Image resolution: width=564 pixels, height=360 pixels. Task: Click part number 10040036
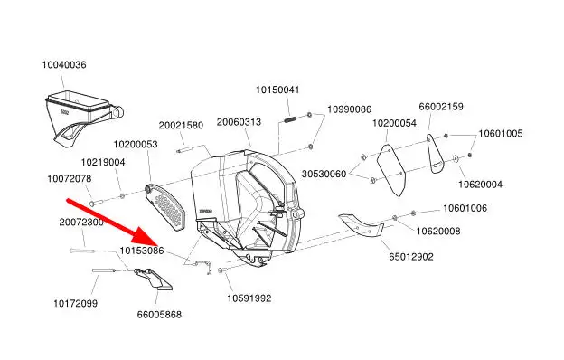click(x=64, y=65)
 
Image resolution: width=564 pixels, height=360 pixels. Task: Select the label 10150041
click(x=277, y=90)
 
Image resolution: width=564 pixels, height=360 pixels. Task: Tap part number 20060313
click(x=239, y=122)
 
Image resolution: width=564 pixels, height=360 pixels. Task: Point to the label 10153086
click(x=142, y=251)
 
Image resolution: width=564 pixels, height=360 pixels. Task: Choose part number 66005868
click(x=159, y=315)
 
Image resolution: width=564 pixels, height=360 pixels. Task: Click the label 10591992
click(x=249, y=298)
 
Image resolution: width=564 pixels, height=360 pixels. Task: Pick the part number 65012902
click(x=411, y=257)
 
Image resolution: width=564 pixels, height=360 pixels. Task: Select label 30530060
click(x=324, y=174)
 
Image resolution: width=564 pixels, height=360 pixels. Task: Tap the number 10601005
click(x=501, y=134)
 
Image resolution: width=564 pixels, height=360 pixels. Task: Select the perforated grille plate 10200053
click(x=164, y=207)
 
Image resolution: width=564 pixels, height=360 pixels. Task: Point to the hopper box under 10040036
click(x=84, y=117)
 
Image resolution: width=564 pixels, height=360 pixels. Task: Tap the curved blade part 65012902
click(x=361, y=225)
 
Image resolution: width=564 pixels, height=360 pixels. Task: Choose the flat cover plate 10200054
click(x=391, y=170)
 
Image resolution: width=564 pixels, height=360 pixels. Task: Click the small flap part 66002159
click(x=436, y=154)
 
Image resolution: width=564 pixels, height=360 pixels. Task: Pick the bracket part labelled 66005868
click(x=153, y=279)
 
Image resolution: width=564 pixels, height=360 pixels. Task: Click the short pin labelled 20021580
click(x=186, y=150)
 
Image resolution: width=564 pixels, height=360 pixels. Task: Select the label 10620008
click(x=438, y=232)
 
